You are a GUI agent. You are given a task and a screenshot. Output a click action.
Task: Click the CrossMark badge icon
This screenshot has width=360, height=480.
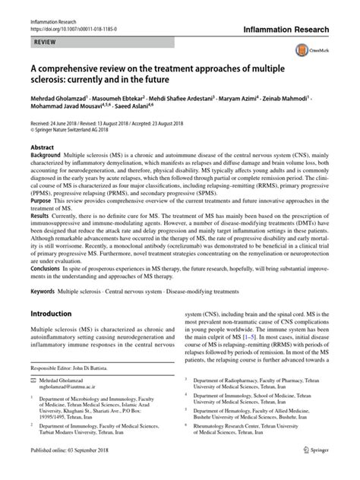(331, 45)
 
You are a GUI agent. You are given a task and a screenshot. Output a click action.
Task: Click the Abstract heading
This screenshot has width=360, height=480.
(43, 145)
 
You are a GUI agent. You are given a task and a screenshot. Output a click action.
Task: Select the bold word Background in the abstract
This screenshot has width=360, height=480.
(46, 154)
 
